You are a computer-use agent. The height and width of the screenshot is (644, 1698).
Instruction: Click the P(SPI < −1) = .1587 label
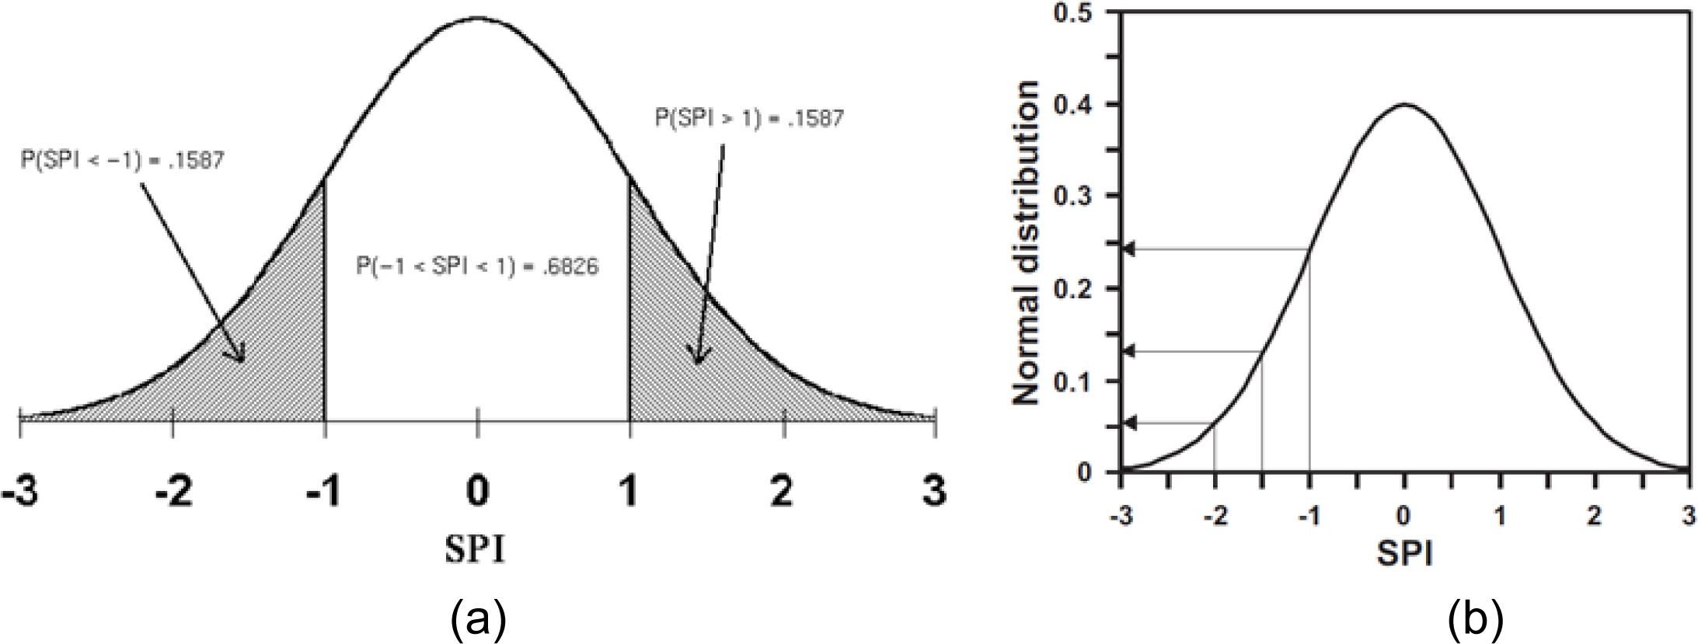[123, 160]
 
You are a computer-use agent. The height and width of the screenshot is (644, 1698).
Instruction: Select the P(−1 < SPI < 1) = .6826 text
[477, 267]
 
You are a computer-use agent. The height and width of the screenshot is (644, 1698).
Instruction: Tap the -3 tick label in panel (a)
[19, 493]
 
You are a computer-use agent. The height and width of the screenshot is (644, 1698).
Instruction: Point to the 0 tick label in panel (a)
[477, 493]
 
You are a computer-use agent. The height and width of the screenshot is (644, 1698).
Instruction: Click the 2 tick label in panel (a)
[783, 493]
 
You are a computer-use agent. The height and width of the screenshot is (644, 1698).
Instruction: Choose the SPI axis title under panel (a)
[475, 550]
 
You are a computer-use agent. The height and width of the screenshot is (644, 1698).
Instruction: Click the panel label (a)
[478, 619]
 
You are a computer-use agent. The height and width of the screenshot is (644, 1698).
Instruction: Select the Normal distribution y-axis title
[1027, 242]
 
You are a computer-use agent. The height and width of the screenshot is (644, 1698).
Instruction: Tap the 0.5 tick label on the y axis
[1078, 13]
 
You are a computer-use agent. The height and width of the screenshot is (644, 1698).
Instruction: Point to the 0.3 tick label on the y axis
[1078, 196]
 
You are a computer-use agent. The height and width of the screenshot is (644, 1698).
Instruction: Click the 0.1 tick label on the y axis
[1078, 381]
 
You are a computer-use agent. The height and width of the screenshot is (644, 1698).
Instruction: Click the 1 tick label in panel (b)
[1501, 516]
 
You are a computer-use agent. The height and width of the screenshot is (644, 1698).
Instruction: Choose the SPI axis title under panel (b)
[1405, 553]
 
